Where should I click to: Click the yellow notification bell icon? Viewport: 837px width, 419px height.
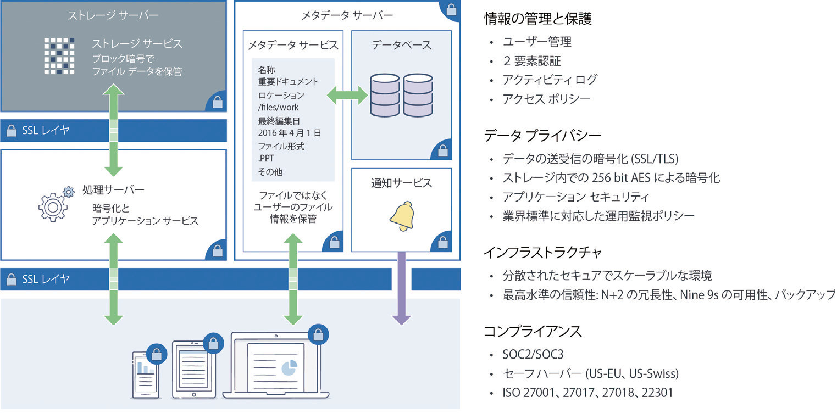pos(402,216)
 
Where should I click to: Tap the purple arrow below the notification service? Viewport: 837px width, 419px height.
pos(401,288)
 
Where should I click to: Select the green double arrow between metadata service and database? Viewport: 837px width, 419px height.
pos(347,96)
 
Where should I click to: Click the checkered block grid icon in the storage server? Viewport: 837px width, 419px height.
pos(59,56)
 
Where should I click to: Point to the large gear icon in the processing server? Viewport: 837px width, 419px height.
pos(53,207)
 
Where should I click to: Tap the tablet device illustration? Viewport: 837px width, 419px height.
pos(194,369)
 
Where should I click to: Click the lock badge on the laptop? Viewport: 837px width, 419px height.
pos(318,334)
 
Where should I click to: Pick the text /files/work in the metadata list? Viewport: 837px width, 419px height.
pos(279,108)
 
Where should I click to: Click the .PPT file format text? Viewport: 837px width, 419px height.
pos(266,158)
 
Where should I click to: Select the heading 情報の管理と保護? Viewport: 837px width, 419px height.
pos(537,18)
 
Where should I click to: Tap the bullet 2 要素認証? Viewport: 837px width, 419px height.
pos(532,61)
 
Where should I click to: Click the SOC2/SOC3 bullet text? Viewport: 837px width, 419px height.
pos(533,354)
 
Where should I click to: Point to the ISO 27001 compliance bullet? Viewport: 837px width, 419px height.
pos(587,393)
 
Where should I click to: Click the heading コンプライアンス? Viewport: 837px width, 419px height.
pos(533,331)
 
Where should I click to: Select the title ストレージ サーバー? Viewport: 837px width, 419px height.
pos(113,15)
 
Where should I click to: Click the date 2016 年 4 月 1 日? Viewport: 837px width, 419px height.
pos(290,133)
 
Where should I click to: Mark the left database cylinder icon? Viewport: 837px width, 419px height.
pos(385,95)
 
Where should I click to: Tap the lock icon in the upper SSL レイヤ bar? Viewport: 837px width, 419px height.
pos(12,131)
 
